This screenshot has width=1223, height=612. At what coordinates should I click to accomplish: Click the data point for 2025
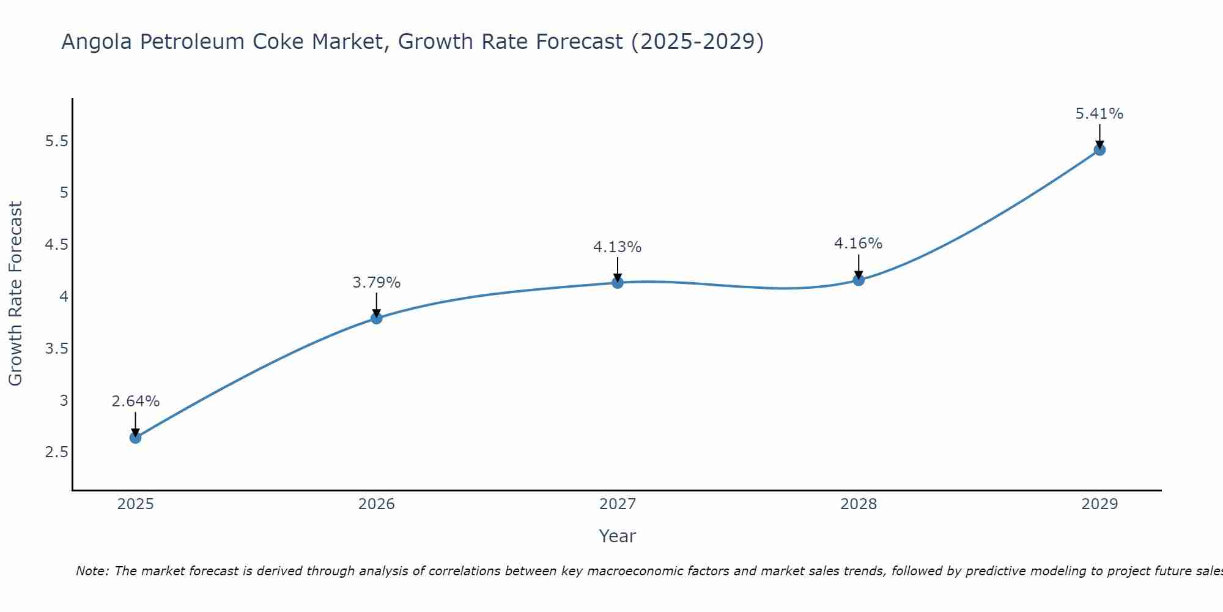(136, 438)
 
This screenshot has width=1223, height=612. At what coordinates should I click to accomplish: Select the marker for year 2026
(377, 318)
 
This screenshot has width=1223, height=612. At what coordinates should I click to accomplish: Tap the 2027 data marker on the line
(618, 283)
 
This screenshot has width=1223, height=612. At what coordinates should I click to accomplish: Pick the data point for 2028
(859, 280)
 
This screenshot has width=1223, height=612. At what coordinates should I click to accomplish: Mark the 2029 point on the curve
(1099, 150)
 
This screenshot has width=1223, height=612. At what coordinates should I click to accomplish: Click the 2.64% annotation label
(136, 401)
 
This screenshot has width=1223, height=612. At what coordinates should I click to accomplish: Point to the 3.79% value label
(377, 283)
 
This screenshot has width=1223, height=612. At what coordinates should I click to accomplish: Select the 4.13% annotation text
(618, 247)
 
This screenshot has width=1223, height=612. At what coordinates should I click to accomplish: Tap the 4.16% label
(859, 244)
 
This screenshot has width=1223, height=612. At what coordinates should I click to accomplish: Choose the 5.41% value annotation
(1099, 114)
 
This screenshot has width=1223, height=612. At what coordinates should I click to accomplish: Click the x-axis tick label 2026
(377, 504)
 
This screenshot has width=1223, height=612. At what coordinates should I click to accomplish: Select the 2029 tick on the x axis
(1099, 504)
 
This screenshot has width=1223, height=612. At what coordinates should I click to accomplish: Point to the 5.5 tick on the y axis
(56, 141)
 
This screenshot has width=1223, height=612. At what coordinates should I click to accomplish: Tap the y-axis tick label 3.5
(56, 349)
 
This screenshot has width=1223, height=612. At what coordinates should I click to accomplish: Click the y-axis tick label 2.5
(56, 452)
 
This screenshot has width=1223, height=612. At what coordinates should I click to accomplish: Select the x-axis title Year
(618, 536)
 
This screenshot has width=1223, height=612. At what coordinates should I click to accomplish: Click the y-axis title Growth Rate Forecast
(16, 294)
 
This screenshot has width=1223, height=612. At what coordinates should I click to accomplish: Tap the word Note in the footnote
(92, 571)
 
